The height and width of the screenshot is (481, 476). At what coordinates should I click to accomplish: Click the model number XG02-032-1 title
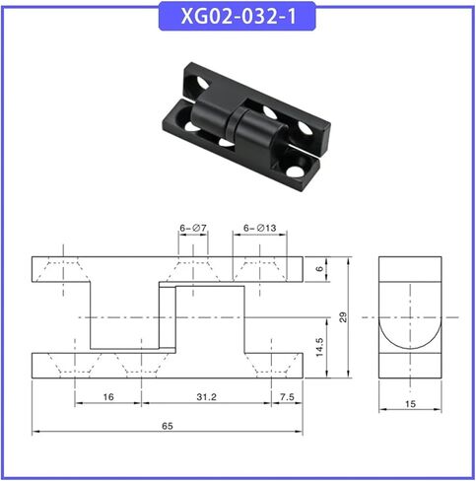(238, 16)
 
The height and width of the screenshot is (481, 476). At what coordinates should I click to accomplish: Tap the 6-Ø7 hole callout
(193, 228)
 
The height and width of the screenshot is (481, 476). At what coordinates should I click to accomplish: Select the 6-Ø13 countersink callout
(260, 228)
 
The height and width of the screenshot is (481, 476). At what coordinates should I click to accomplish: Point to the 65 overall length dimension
(168, 426)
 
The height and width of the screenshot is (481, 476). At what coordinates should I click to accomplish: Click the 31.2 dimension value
(207, 397)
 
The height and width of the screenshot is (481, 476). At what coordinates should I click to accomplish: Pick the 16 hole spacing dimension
(108, 397)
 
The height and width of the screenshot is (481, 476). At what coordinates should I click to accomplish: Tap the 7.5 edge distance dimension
(287, 397)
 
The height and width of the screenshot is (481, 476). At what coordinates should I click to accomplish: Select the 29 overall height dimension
(343, 317)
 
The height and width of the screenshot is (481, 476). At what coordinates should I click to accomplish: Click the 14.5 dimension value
(319, 347)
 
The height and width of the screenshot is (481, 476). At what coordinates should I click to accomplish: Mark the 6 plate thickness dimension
(319, 269)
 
